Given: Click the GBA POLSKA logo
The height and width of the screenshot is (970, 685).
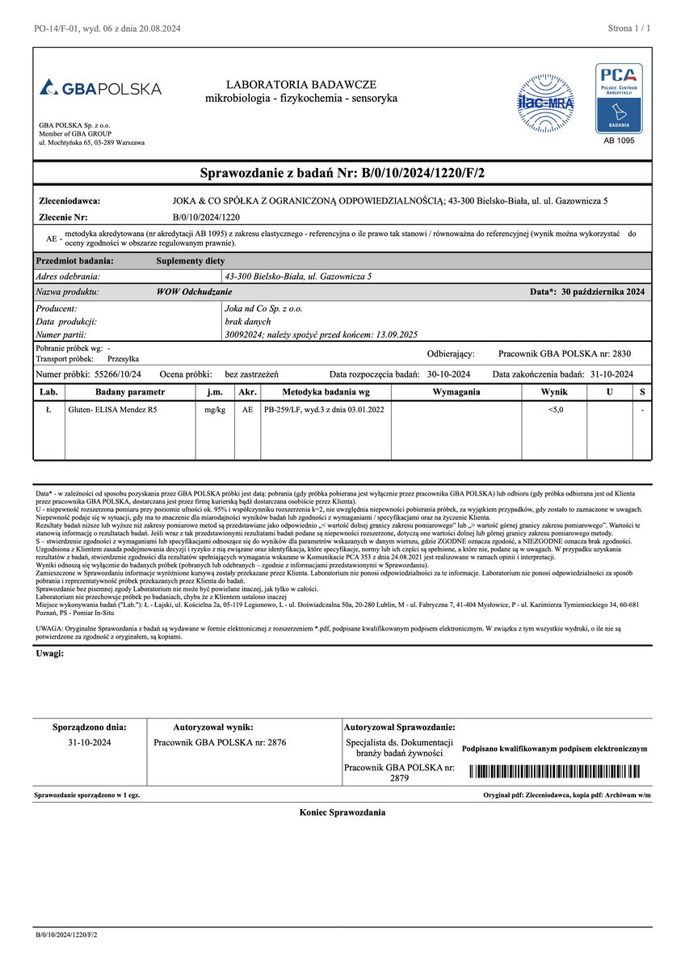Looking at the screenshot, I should pos(100,88).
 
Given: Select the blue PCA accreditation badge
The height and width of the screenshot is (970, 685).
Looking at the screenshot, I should pos(620,98).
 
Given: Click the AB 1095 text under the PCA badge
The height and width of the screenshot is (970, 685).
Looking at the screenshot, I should pos(620,141).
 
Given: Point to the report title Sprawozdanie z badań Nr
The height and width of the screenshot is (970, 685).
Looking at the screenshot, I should pos(342,172).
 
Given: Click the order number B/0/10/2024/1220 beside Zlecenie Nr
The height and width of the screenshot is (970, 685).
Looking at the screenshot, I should pos(206,217).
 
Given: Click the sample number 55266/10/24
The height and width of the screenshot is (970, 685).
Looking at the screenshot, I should pos(118,374).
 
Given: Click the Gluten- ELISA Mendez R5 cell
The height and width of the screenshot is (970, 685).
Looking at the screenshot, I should pos(114,411).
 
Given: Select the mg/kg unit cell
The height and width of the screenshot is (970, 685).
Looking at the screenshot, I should pos(215,411).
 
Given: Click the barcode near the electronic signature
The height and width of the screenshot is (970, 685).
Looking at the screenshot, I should pos(558,770).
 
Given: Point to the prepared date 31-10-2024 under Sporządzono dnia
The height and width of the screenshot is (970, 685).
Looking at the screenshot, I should pos(90,742).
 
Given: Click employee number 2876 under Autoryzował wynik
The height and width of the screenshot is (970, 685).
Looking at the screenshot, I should pos(220,742).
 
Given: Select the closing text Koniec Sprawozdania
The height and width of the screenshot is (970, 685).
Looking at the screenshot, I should pos(342,812).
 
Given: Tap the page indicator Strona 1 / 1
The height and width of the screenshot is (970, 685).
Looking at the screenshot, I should pos(628,28).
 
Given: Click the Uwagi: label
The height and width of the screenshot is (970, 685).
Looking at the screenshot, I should pos(50,653).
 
